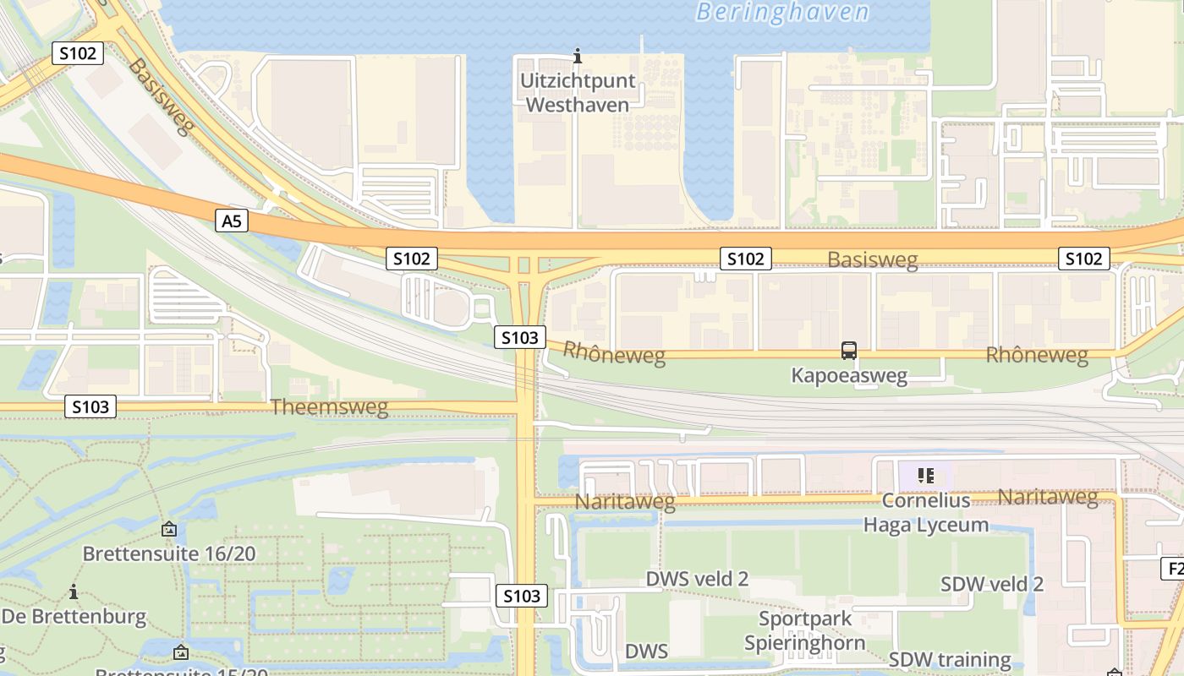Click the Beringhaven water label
(782, 12)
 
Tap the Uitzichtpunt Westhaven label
(575, 93)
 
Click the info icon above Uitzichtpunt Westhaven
(578, 57)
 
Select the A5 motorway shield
(232, 221)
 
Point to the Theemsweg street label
(329, 407)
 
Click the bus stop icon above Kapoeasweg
(849, 350)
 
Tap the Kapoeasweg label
(849, 375)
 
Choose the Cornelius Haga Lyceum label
(925, 513)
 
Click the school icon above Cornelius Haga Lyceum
(925, 476)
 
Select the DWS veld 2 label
(697, 579)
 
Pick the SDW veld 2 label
(992, 584)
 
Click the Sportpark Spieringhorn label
(804, 630)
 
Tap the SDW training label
(950, 659)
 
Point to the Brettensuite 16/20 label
(169, 554)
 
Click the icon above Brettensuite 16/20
(169, 530)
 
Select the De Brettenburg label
(74, 616)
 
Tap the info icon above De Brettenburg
(74, 591)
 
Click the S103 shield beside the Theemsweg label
(90, 407)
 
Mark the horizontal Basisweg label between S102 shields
(872, 259)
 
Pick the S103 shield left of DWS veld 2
(521, 596)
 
